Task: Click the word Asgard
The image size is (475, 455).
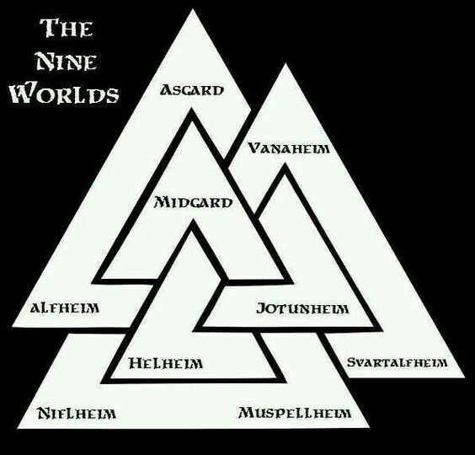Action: pyautogui.click(x=192, y=90)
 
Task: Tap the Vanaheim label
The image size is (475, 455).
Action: pyautogui.click(x=289, y=148)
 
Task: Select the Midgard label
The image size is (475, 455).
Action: pyautogui.click(x=194, y=202)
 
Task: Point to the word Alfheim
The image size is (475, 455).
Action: pyautogui.click(x=65, y=308)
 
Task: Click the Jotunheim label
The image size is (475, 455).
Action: pyautogui.click(x=302, y=308)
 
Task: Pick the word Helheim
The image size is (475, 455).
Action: pyautogui.click(x=166, y=363)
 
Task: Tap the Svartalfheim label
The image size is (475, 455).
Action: pyautogui.click(x=398, y=362)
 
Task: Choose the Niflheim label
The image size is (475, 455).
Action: pyautogui.click(x=77, y=413)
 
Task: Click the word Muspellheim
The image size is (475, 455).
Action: pyautogui.click(x=295, y=413)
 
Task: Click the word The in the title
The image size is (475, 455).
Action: pyautogui.click(x=67, y=28)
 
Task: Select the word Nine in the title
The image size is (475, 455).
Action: pyautogui.click(x=67, y=62)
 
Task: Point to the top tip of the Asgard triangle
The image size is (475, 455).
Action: pyautogui.click(x=193, y=9)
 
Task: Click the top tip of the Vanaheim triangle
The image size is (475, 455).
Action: pyautogui.click(x=285, y=64)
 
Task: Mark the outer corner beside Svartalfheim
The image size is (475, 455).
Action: pyautogui.click(x=464, y=377)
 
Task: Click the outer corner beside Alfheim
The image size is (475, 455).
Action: pyautogui.click(x=12, y=326)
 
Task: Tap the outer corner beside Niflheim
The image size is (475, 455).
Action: pyautogui.click(x=18, y=428)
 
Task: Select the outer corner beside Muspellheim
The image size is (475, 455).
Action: pyautogui.click(x=369, y=427)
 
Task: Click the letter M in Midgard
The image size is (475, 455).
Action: pyautogui.click(x=161, y=202)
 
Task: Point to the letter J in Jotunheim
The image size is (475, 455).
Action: pyautogui.click(x=261, y=308)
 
